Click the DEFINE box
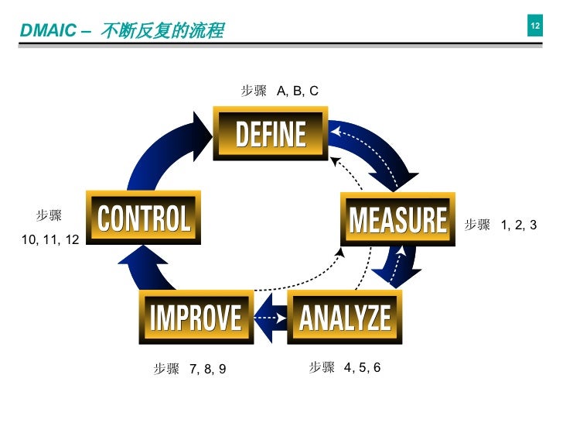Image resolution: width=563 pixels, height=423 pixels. tap(271, 135)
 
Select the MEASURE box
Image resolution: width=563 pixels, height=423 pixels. tap(398, 219)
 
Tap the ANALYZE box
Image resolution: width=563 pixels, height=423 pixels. tap(345, 317)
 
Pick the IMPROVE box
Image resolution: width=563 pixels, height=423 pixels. tap(196, 317)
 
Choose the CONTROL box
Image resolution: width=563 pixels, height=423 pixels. tap(144, 218)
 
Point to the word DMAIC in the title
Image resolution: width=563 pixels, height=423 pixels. tap(46, 31)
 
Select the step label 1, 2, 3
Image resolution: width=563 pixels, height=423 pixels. tap(518, 225)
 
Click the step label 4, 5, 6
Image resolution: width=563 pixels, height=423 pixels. tap(362, 367)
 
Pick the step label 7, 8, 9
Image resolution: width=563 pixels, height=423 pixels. tap(207, 369)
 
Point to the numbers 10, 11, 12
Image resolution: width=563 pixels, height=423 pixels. tap(50, 241)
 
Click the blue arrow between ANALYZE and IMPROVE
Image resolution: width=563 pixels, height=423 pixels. tap(270, 318)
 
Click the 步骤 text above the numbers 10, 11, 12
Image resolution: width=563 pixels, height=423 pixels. tap(49, 215)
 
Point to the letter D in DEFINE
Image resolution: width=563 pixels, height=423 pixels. tap(242, 135)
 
